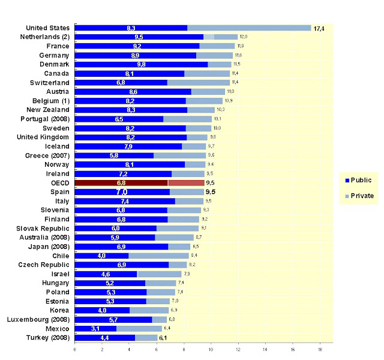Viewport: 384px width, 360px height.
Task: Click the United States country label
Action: point(48,28)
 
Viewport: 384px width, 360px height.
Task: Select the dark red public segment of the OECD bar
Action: point(121,182)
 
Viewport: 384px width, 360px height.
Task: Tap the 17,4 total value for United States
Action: point(319,28)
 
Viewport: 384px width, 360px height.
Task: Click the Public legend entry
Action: point(360,179)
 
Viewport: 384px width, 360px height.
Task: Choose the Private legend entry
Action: point(360,196)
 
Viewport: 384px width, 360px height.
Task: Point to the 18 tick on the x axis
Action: point(320,349)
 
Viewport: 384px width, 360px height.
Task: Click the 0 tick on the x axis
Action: point(75,349)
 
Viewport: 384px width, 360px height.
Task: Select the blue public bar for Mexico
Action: point(95,328)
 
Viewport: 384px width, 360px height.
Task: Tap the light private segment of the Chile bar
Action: point(155,256)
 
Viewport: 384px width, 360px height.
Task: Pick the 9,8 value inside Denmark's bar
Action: point(141,64)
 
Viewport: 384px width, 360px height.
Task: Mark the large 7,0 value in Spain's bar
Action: point(122,192)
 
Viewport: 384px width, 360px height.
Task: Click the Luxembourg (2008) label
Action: point(41,319)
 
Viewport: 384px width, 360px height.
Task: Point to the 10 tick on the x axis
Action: point(211,349)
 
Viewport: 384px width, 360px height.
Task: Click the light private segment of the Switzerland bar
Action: point(198,82)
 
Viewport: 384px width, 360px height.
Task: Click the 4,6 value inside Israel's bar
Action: point(104,274)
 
